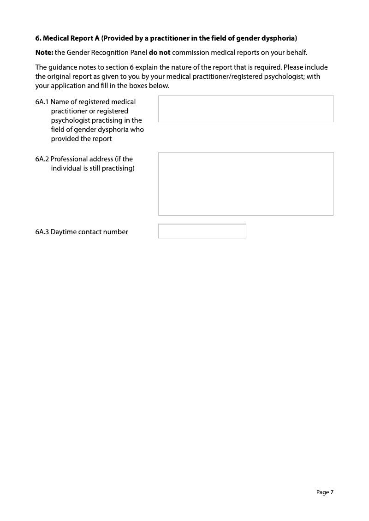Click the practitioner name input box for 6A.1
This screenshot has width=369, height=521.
point(246,109)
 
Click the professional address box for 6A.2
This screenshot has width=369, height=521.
point(246,184)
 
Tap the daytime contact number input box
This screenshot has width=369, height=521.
point(202,231)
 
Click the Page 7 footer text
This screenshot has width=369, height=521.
point(325,492)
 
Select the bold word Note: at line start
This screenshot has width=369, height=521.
point(44,52)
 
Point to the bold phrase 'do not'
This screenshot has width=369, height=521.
point(160,52)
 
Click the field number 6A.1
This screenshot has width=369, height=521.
point(42,102)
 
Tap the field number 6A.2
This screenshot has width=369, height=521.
point(42,159)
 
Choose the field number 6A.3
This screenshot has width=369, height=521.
point(42,232)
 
